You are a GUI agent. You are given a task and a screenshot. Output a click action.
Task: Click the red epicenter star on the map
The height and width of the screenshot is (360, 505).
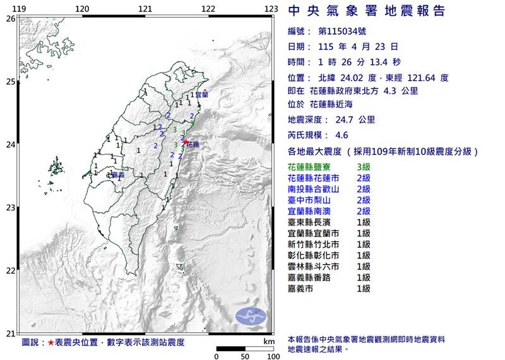(186, 141)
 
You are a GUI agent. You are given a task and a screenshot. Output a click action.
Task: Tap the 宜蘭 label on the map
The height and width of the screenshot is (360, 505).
(201, 94)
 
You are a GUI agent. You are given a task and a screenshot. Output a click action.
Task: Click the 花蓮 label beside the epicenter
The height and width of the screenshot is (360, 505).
(193, 145)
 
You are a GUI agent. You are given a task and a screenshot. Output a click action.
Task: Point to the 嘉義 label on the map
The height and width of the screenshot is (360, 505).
(117, 175)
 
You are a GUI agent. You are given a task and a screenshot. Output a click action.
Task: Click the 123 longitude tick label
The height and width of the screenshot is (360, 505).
(271, 8)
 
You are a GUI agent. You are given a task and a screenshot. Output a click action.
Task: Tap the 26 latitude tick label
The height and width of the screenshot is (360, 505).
(10, 19)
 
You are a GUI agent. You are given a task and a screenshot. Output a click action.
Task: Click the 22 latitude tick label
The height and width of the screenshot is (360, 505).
(10, 271)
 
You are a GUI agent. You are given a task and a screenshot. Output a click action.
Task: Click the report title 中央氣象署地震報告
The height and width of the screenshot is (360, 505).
(366, 11)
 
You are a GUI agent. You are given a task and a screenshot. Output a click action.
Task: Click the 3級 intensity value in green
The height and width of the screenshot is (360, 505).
(364, 167)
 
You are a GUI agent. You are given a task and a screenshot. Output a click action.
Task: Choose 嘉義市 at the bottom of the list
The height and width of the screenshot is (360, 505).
(300, 289)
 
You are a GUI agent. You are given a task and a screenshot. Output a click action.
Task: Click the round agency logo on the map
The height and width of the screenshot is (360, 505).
(251, 316)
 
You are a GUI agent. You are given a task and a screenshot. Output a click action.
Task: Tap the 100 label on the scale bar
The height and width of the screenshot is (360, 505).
(273, 356)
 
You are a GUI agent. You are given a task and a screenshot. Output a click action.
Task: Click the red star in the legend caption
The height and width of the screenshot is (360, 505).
(50, 342)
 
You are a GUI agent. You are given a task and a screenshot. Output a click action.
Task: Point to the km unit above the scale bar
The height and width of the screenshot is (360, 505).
(269, 341)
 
